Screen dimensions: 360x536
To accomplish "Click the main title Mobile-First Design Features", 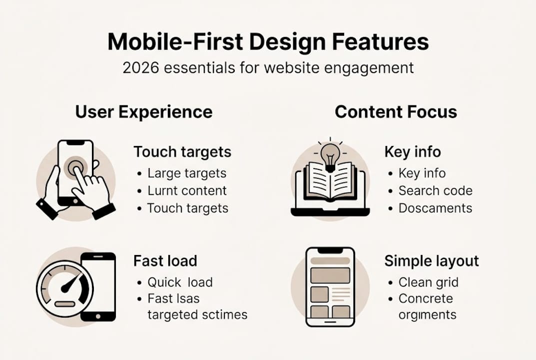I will (x=268, y=42).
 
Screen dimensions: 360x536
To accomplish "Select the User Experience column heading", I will (x=144, y=111).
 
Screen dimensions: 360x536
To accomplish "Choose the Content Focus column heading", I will (x=396, y=111).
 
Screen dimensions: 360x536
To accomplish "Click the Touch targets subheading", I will (x=182, y=152).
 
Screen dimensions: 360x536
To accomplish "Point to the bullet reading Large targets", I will (x=187, y=173).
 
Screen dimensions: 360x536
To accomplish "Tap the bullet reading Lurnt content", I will (x=187, y=190).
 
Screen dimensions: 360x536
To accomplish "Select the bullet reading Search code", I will (x=435, y=190).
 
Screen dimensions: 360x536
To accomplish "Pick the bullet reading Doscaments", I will (x=435, y=208).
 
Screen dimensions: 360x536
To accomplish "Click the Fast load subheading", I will (x=165, y=260).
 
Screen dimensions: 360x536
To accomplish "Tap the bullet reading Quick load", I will (x=180, y=282).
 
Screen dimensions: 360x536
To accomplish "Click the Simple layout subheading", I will (x=431, y=260).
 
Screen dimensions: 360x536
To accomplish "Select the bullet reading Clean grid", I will (x=428, y=282).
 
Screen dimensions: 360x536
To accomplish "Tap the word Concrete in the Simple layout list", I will (x=426, y=298).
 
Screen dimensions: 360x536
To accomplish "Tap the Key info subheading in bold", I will (x=413, y=152).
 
